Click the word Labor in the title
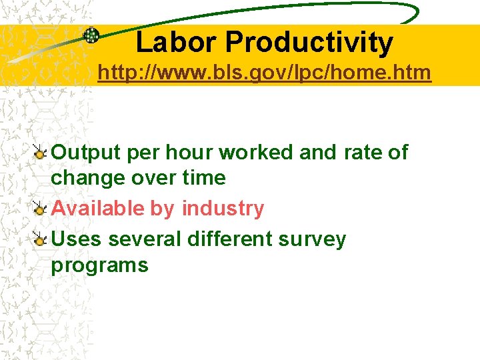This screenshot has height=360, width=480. coord(177,43)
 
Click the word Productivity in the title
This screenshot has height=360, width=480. coord(309,43)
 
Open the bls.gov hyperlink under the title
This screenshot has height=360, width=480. coord(264,72)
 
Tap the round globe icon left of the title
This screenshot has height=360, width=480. coord(91,35)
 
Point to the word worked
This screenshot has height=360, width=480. coord(257,153)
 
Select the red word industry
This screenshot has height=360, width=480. coord(223,209)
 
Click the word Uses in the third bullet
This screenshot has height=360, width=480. coord(77,239)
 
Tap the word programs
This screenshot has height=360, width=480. coord(99,265)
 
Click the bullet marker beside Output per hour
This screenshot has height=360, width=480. coord(40,153)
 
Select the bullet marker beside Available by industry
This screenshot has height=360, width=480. coord(40,209)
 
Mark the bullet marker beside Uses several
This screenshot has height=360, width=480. coord(40,239)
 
